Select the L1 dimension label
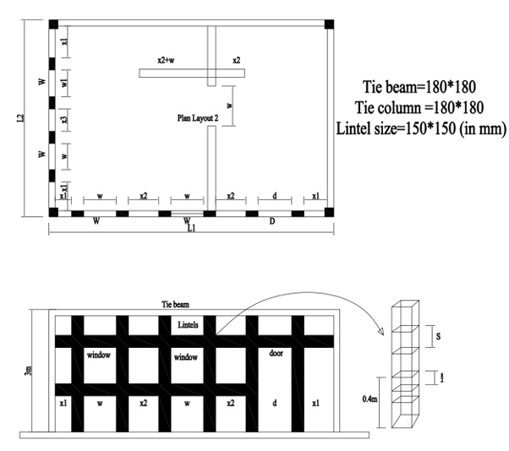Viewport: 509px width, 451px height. (192, 229)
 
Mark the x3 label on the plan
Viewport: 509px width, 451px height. (65, 121)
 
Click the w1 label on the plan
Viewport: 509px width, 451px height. (65, 84)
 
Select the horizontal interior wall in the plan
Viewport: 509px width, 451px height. (192, 73)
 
